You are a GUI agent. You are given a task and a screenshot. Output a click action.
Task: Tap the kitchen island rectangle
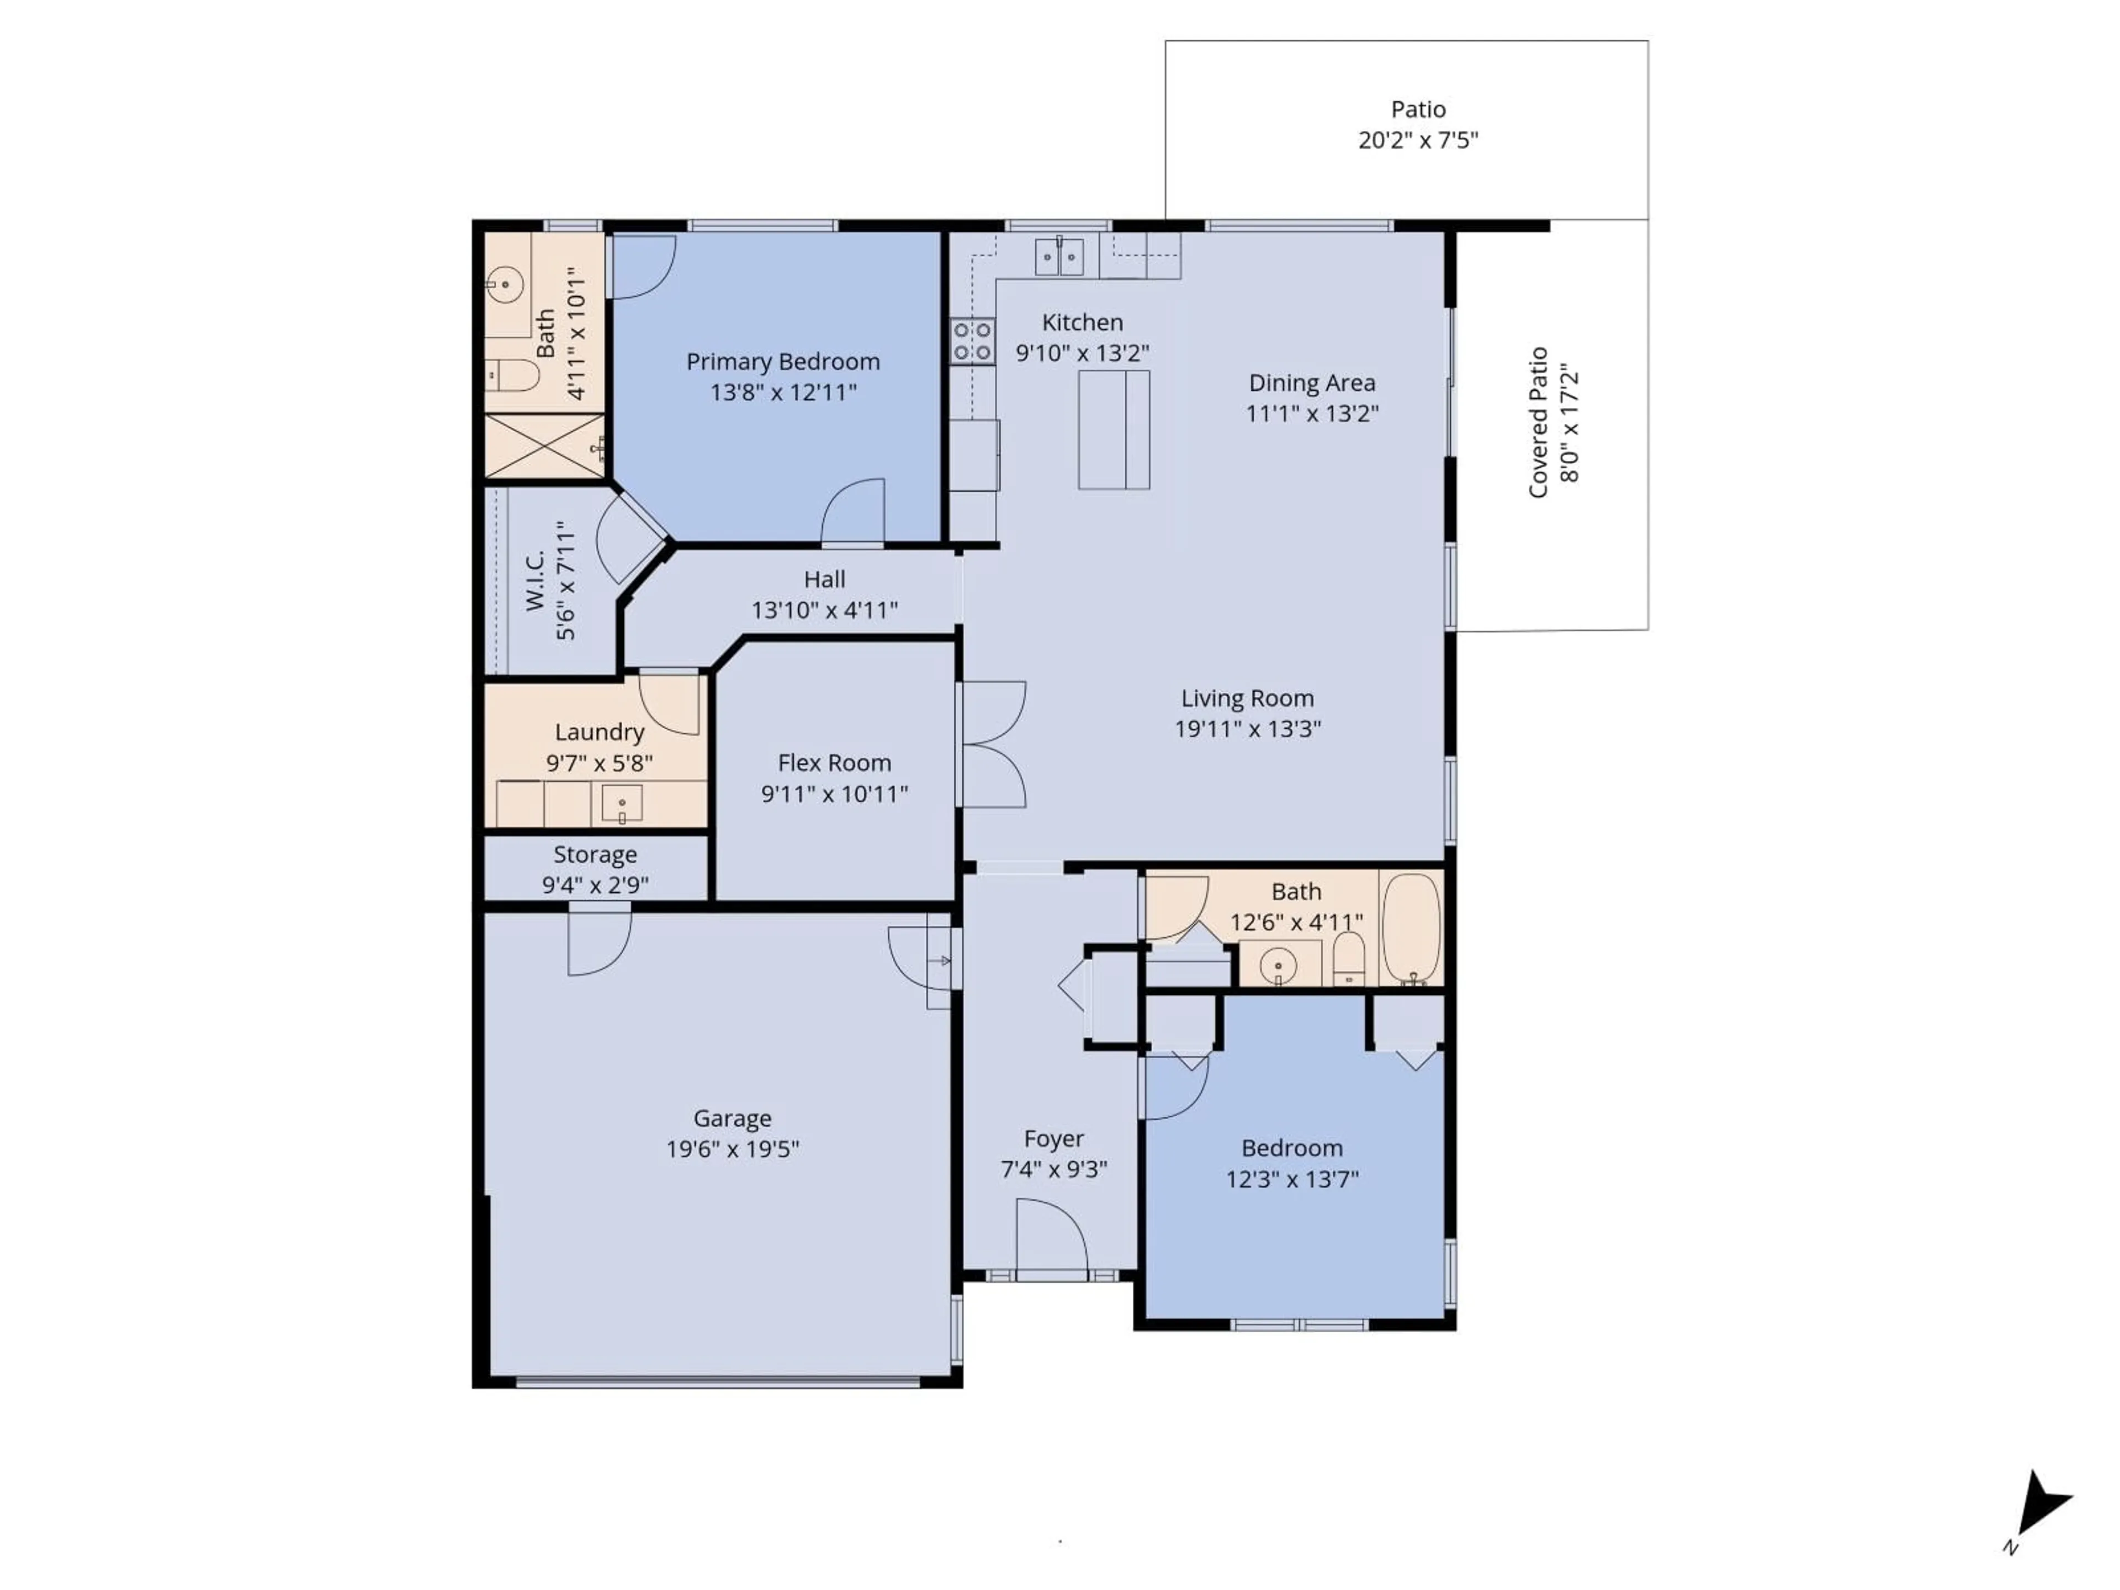coord(1114,430)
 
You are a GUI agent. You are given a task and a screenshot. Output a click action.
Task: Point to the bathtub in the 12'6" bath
coord(1412,927)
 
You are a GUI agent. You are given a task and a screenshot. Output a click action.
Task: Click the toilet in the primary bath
coord(511,375)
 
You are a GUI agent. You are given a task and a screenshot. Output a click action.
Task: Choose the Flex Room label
coord(834,763)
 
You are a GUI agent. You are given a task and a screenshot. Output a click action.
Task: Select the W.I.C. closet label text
coord(535,580)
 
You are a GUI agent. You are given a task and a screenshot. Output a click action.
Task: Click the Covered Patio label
coord(1538,423)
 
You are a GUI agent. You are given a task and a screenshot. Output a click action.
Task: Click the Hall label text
coord(824,579)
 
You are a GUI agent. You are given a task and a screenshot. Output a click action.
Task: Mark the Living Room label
coord(1247,698)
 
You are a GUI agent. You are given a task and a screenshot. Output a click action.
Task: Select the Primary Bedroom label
coord(782,361)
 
